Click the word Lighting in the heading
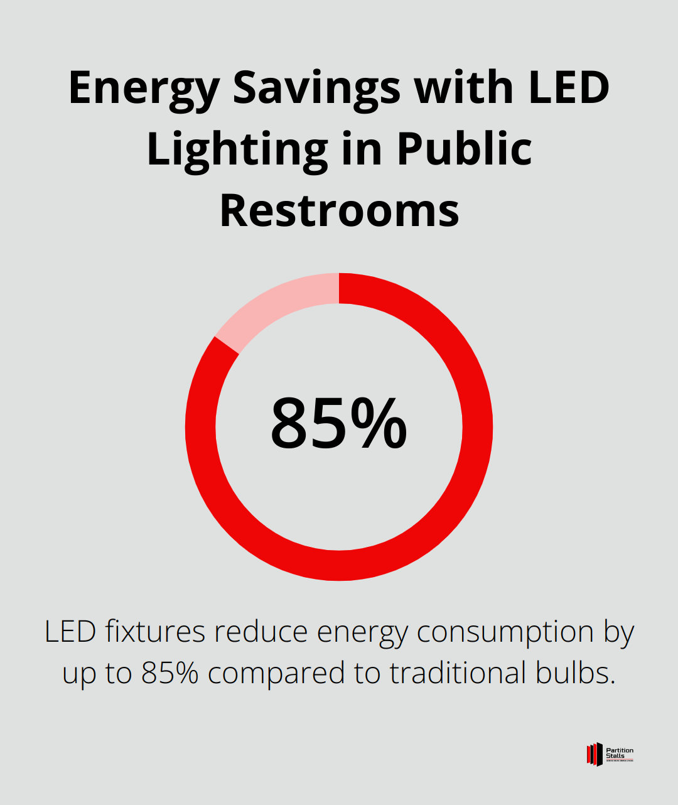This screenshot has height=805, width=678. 237,151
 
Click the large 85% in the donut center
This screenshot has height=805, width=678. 339,424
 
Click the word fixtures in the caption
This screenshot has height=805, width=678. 155,632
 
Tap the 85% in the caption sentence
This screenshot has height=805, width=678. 170,673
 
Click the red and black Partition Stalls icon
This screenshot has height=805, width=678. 594,754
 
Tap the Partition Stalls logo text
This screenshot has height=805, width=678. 620,753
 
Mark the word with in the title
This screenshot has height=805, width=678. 464,88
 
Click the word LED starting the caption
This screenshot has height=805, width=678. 70,632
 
